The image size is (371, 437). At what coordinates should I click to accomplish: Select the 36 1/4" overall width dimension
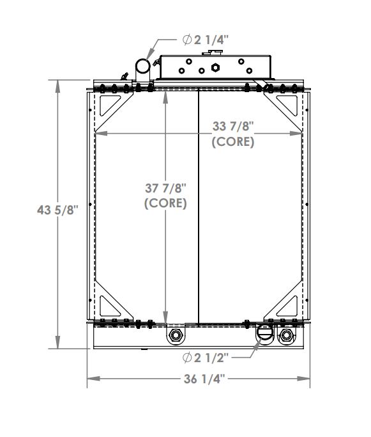click(x=199, y=379)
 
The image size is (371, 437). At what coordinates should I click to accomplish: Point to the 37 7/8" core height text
click(x=165, y=189)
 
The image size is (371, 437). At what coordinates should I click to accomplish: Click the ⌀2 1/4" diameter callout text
click(x=206, y=40)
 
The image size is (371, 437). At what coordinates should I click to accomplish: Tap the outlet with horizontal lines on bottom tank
click(x=264, y=333)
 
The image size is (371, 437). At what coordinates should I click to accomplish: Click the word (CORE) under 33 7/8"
click(x=233, y=142)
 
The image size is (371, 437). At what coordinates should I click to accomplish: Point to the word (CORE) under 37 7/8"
click(x=165, y=203)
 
